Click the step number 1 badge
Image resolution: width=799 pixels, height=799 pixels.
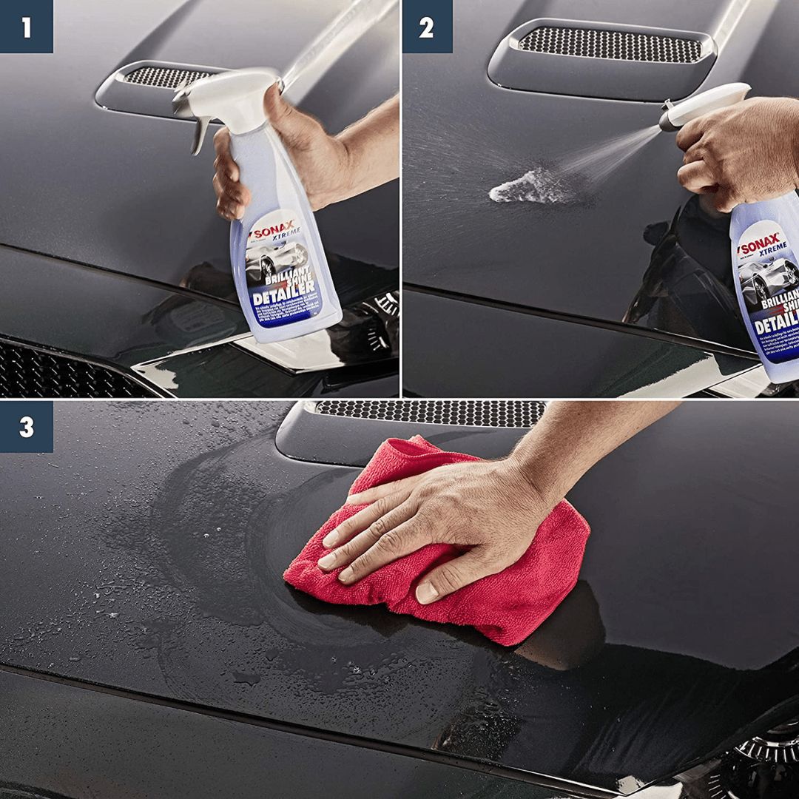27,27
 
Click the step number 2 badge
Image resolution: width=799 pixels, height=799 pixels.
427,27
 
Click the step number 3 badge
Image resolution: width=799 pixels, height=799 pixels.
27,427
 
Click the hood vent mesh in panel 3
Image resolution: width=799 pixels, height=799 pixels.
429,413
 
